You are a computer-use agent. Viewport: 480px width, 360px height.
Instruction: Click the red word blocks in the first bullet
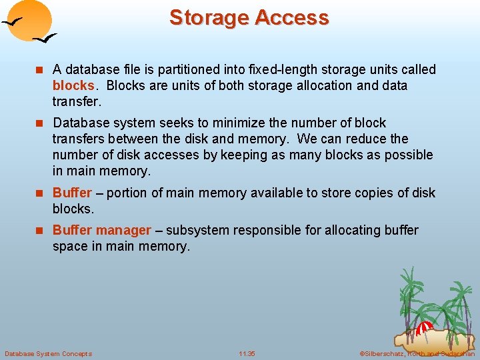point(73,85)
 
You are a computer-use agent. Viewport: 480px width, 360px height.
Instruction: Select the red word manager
point(123,230)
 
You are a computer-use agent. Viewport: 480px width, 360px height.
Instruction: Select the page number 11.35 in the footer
point(247,353)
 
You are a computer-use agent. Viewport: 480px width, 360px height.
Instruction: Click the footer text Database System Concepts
point(48,353)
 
